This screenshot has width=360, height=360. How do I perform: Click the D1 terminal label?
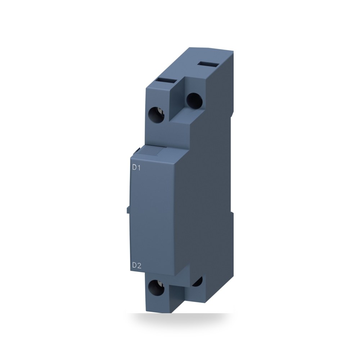[136, 168]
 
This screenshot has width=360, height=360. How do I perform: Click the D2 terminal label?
[137, 266]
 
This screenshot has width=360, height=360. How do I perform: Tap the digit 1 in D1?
[139, 168]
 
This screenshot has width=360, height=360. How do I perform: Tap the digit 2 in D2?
[139, 266]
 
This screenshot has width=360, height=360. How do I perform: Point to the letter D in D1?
[134, 168]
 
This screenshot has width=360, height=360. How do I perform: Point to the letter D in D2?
[135, 266]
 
